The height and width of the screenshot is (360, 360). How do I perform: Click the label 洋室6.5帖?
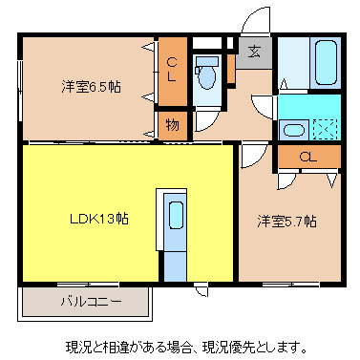point(91,87)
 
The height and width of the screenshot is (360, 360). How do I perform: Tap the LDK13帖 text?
point(98,218)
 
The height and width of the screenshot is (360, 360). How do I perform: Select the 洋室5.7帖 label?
point(286,222)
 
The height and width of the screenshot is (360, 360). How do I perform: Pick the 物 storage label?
point(171,124)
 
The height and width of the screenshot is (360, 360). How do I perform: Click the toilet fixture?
point(205,74)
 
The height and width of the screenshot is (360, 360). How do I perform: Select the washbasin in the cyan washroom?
point(294,130)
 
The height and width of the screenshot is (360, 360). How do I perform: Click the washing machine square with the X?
point(326,130)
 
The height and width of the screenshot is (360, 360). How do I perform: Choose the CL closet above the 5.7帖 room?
point(307,157)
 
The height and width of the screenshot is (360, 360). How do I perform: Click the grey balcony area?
point(86,304)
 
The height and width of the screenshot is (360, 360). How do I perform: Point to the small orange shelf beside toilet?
point(230,69)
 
